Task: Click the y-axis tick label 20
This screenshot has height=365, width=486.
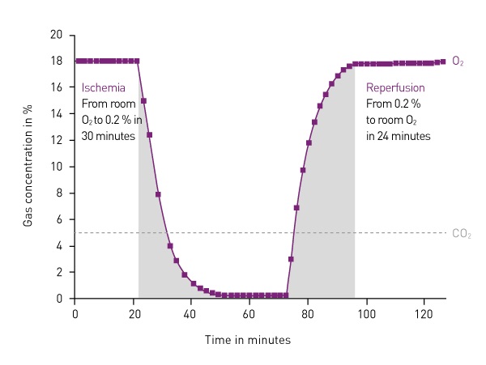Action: [57, 35]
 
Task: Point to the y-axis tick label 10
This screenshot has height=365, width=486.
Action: [57, 167]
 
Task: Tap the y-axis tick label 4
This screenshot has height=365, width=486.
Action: [59, 246]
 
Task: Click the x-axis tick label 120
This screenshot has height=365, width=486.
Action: [424, 312]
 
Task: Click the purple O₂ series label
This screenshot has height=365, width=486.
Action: [458, 62]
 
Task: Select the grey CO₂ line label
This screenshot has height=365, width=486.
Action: [461, 233]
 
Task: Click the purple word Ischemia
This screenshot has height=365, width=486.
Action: [101, 87]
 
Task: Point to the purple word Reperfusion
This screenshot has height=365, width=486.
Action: [396, 87]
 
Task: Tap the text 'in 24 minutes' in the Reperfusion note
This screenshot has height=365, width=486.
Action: [399, 136]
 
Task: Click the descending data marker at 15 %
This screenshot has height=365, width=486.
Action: [143, 101]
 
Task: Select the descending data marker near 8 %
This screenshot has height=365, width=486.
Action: [158, 194]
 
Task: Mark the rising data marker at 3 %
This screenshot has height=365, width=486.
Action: [291, 259]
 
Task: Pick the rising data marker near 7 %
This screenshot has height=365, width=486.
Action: [296, 208]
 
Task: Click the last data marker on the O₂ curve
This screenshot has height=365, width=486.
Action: [442, 62]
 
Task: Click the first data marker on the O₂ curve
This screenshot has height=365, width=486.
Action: [78, 61]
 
